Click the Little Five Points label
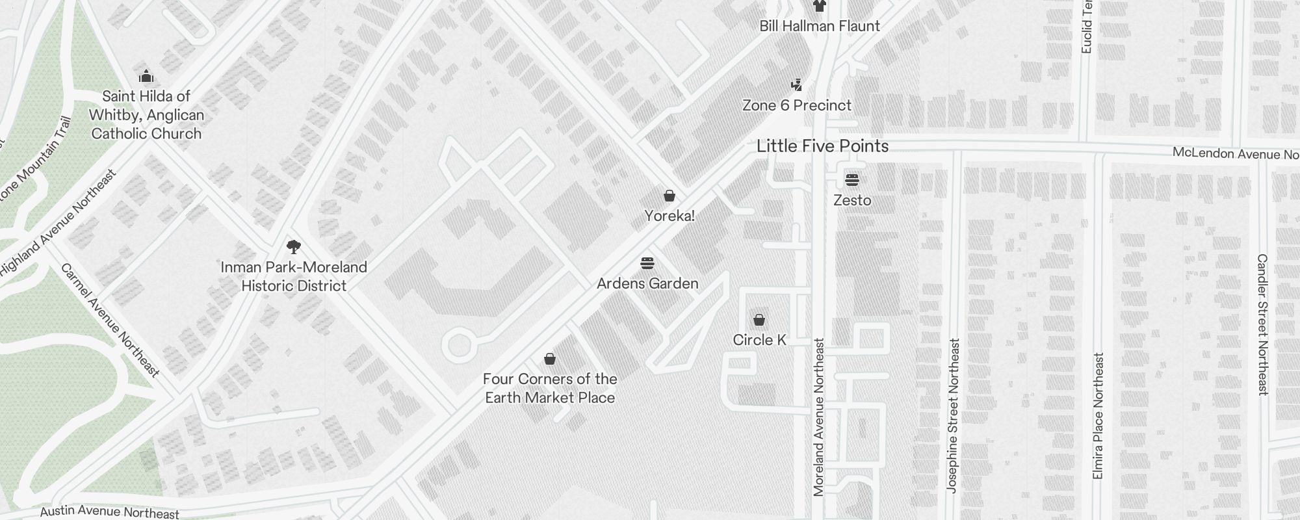tap(822, 146)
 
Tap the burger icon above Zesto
tap(852, 180)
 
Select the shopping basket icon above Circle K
tap(759, 320)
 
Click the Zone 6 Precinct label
tap(797, 105)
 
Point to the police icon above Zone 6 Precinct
tap(797, 84)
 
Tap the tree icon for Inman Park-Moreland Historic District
tap(294, 247)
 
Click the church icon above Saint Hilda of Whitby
tap(146, 76)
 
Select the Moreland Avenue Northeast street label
tap(819, 417)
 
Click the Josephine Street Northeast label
tap(953, 415)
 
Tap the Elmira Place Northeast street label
tap(1098, 416)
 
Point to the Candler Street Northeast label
tap(1262, 324)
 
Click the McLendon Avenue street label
tap(1235, 154)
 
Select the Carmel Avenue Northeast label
tap(110, 320)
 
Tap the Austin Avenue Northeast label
tap(109, 513)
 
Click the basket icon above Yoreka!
tap(669, 196)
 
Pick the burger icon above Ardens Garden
tap(647, 263)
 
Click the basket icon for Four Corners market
tap(550, 359)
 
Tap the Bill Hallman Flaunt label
tap(820, 26)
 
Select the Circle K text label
tap(759, 340)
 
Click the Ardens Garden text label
tap(647, 283)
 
